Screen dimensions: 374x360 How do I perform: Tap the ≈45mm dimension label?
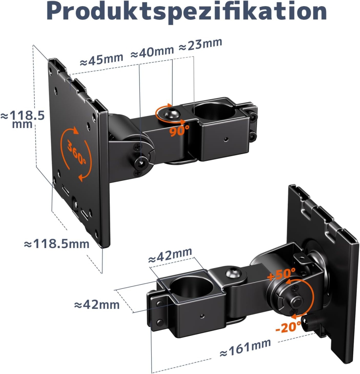tap(101, 60)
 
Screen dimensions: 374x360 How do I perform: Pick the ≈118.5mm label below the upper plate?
tap(56, 243)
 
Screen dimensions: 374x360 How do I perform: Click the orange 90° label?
tap(179, 130)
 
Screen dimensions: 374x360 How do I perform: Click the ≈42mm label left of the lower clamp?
tap(97, 305)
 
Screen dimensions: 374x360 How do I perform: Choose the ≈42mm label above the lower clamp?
tap(170, 255)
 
